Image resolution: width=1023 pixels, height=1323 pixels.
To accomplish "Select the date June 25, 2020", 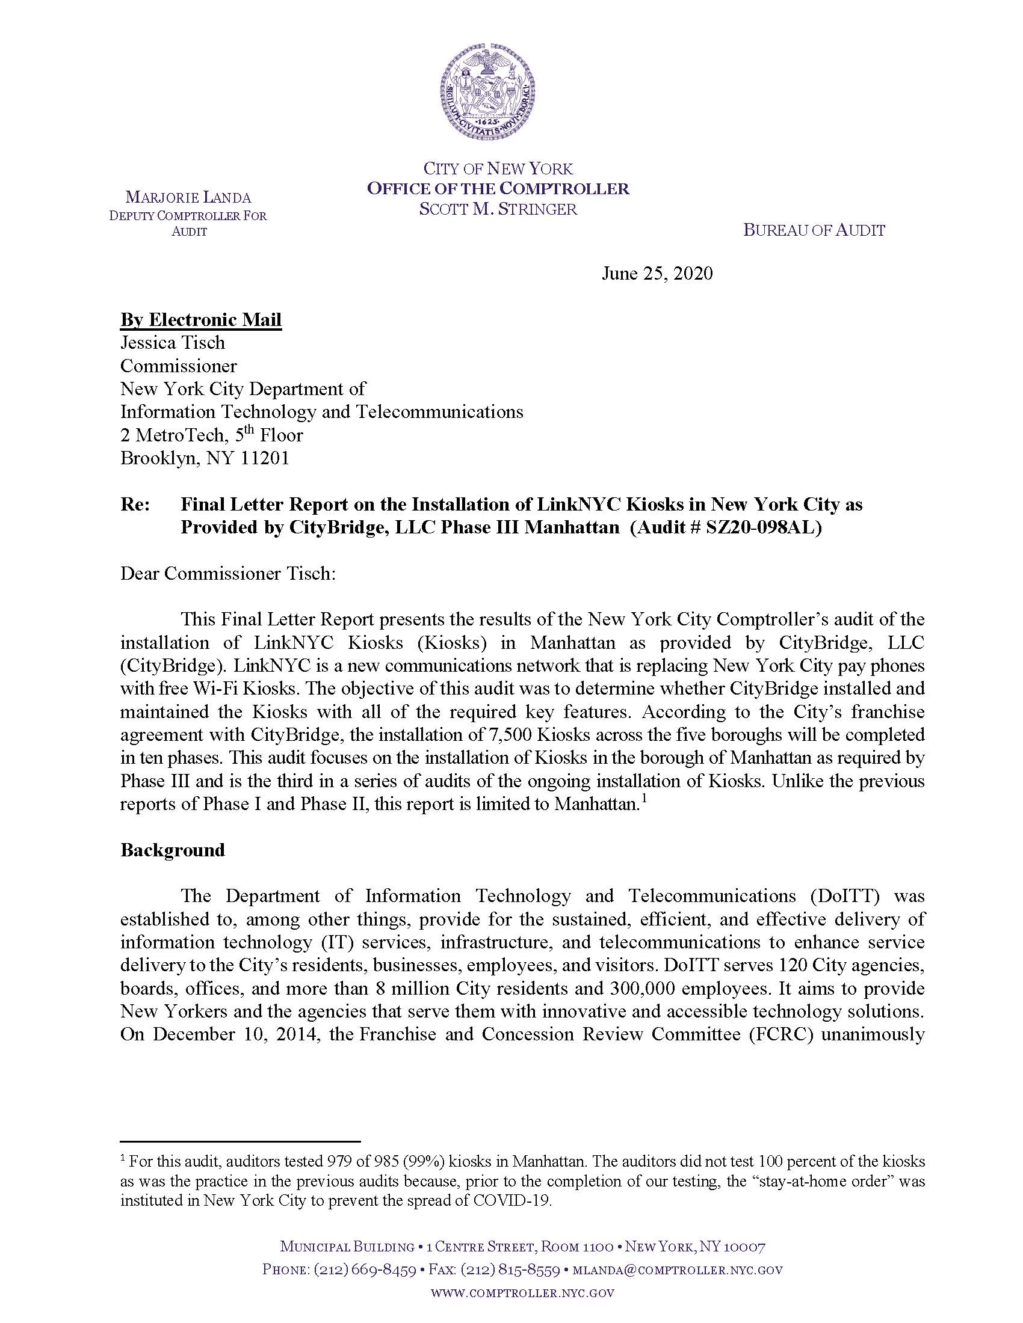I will (657, 274).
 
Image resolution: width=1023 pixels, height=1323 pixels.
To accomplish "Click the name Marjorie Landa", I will (188, 197).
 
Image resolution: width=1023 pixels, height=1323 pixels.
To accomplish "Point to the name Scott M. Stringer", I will (498, 210).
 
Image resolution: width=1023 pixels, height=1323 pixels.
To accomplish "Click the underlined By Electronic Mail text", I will (200, 319).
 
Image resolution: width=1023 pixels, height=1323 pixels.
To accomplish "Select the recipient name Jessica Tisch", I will (173, 343).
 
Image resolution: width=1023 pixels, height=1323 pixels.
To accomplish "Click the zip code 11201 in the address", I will (265, 458).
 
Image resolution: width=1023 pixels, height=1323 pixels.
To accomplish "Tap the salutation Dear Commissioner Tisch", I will (227, 573).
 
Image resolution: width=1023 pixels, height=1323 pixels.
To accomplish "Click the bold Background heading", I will (173, 850).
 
